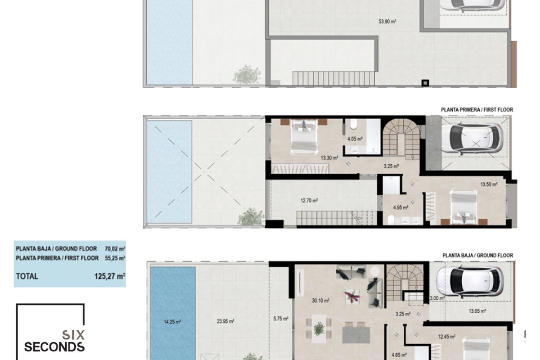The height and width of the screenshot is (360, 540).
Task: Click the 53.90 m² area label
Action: click(x=387, y=22)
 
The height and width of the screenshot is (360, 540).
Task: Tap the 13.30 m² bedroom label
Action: click(x=329, y=158)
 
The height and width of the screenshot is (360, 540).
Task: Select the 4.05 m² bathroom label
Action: click(x=355, y=139)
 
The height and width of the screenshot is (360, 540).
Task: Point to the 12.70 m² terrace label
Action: click(x=309, y=200)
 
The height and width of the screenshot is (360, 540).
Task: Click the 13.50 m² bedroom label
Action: click(x=489, y=184)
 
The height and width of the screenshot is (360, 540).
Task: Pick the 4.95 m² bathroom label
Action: click(x=400, y=207)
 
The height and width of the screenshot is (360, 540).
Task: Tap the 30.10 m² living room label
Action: click(x=320, y=301)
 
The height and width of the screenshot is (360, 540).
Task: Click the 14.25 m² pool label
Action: click(x=172, y=322)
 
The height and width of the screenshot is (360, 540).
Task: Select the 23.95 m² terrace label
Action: click(x=225, y=321)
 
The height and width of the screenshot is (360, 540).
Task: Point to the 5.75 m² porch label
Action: click(x=281, y=319)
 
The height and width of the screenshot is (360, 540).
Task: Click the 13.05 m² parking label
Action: click(x=477, y=311)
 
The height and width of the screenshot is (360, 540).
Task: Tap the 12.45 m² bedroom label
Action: click(x=446, y=336)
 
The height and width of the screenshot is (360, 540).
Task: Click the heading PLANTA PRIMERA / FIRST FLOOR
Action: click(x=477, y=110)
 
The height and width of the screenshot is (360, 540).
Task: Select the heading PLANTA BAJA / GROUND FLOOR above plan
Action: click(x=477, y=255)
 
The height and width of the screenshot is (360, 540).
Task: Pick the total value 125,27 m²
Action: click(x=110, y=276)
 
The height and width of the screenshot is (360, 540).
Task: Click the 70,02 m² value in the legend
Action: click(x=115, y=248)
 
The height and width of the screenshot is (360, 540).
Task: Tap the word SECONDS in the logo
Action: click(x=54, y=347)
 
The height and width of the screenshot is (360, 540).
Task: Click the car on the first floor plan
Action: click(x=473, y=139)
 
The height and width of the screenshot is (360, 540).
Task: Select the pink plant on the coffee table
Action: click(x=352, y=296)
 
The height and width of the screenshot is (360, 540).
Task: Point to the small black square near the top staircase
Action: click(x=425, y=83)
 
